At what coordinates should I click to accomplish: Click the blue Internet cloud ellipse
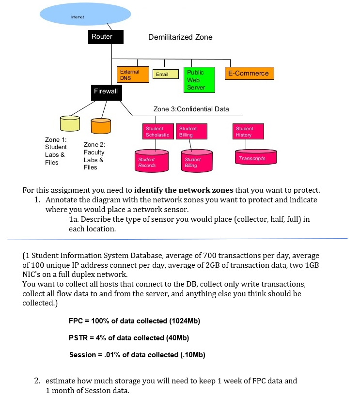click(85, 15)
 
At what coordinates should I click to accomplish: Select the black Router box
click(106, 37)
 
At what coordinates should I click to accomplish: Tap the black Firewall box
click(106, 91)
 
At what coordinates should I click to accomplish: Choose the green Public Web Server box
click(199, 80)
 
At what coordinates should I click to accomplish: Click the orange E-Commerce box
click(249, 74)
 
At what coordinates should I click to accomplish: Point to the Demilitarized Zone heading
click(180, 37)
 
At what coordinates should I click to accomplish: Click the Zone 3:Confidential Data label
click(191, 109)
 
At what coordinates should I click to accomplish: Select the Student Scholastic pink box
click(157, 132)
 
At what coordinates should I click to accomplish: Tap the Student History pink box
click(249, 132)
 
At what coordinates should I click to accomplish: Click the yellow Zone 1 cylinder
click(70, 123)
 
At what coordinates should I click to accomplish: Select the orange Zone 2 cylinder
click(100, 126)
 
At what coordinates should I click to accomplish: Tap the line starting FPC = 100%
click(134, 321)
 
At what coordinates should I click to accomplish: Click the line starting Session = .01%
click(137, 355)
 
